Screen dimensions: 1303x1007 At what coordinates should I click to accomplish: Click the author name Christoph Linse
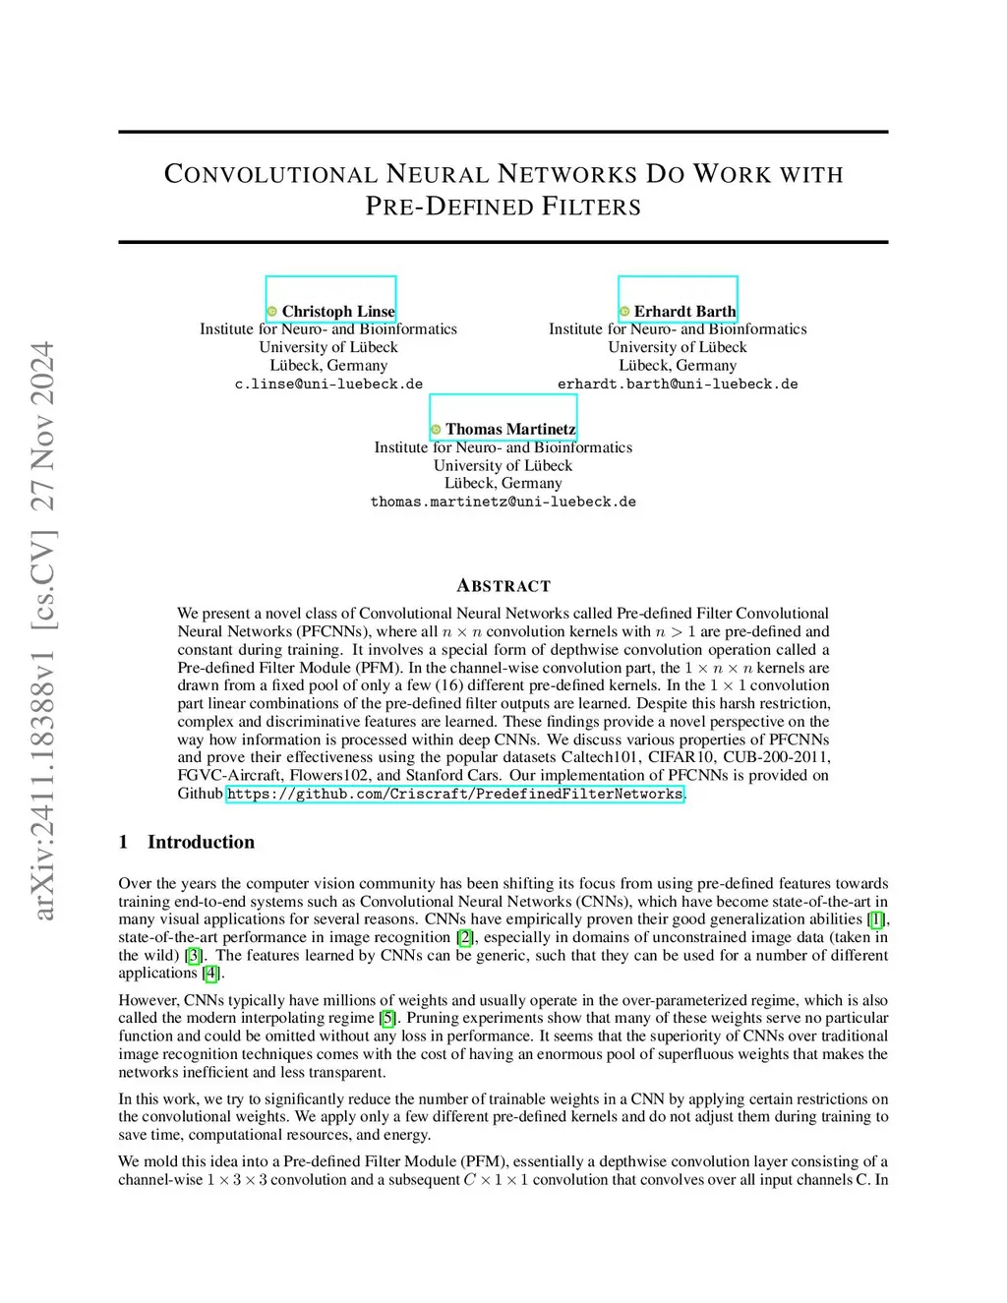337,312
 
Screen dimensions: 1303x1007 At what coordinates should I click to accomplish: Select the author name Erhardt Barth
684,312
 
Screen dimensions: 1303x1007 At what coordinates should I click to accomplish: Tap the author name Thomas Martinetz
510,430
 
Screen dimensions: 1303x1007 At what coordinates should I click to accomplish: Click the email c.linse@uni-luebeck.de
328,385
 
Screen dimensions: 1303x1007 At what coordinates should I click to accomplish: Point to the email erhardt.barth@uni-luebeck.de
678,385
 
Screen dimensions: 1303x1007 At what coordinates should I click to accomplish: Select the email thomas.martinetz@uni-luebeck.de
503,502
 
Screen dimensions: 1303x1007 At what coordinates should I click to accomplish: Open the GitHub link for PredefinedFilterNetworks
454,794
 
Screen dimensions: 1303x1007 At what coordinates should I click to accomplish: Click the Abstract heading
503,586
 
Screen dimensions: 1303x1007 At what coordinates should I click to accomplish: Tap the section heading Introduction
201,842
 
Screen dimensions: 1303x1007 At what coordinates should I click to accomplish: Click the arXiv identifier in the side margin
43,629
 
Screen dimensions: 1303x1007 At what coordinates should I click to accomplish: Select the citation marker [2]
465,937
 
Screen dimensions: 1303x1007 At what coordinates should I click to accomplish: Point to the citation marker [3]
195,955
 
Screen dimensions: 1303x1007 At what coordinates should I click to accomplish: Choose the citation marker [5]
388,1018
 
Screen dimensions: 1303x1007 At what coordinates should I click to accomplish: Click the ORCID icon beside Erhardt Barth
624,312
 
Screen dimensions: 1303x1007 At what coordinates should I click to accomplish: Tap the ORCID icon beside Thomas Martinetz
436,430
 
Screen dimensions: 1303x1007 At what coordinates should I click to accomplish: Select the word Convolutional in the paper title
270,174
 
